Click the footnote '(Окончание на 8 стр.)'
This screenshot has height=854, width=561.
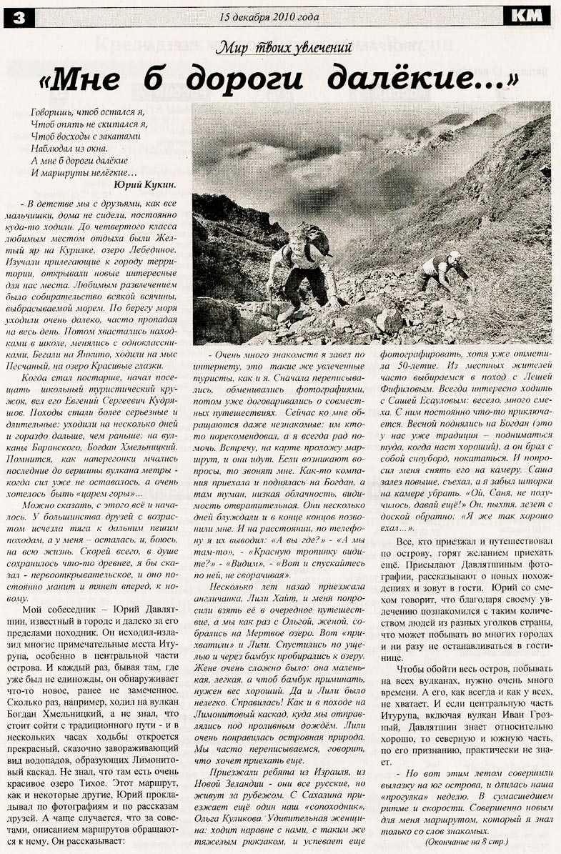click(x=465, y=842)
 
